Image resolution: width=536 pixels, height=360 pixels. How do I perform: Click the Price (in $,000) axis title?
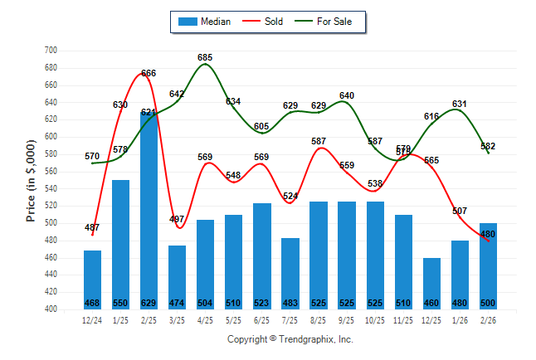tap(31, 180)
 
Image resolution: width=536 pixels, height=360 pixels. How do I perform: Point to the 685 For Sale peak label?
tap(206, 57)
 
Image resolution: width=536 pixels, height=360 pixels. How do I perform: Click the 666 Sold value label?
tap(149, 74)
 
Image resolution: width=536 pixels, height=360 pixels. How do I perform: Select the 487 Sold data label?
tap(92, 227)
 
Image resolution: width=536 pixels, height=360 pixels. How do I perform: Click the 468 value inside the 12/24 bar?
tap(92, 302)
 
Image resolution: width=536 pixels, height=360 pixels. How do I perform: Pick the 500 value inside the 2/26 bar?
tap(487, 302)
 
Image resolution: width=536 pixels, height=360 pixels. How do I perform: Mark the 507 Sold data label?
tap(459, 211)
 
